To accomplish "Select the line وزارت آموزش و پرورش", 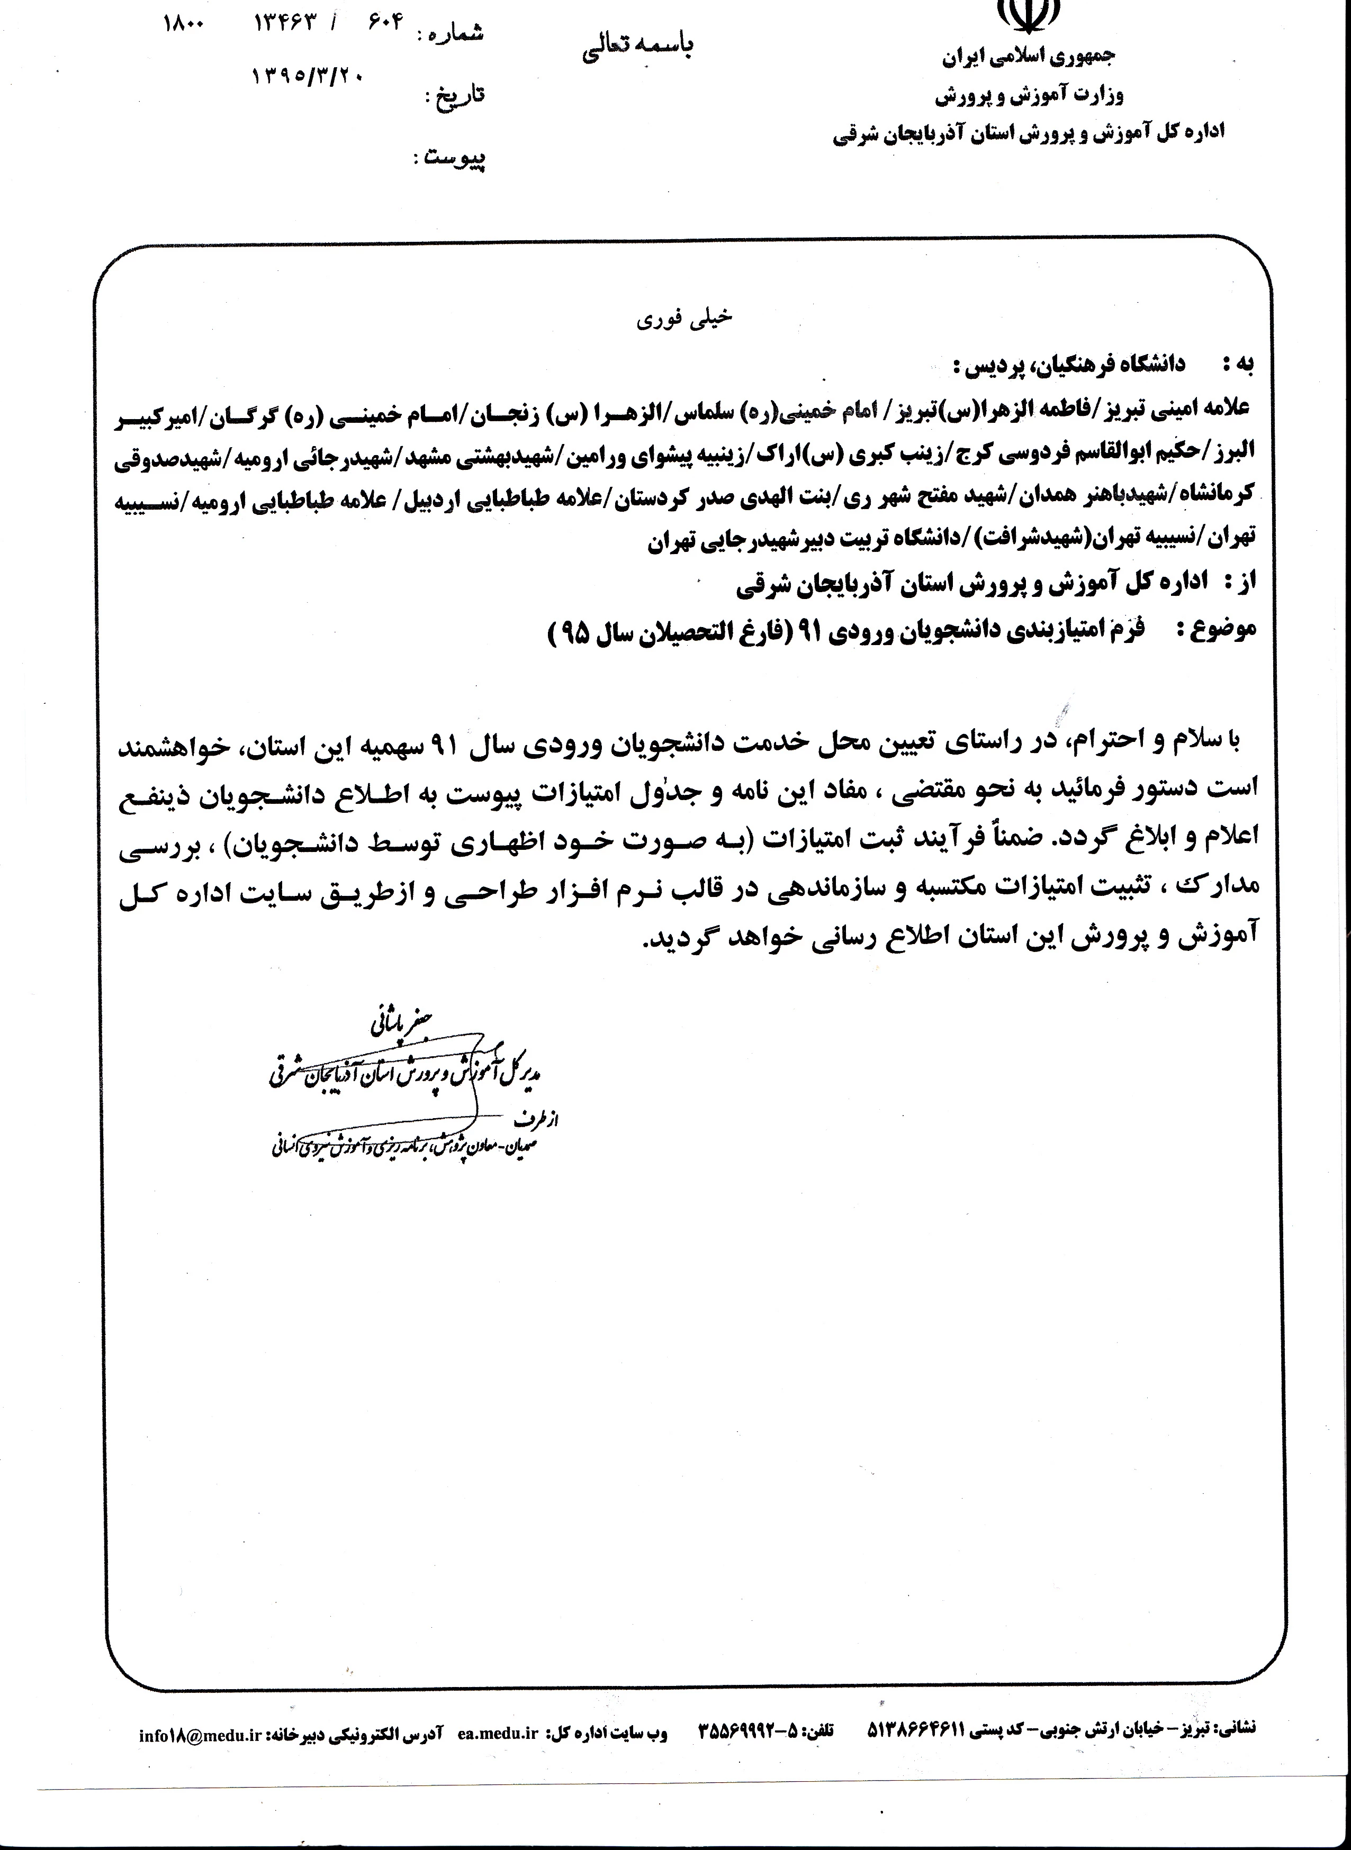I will point(1029,96).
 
